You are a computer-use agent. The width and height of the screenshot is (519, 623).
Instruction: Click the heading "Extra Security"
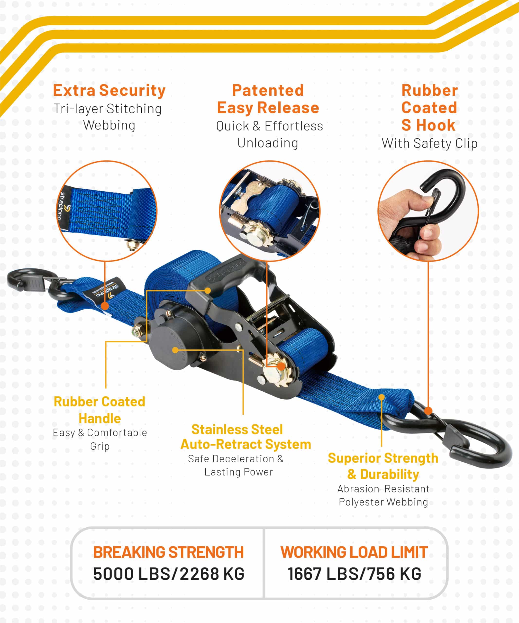pyautogui.click(x=109, y=91)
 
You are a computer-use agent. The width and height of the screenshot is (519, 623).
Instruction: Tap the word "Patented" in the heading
pyautogui.click(x=268, y=90)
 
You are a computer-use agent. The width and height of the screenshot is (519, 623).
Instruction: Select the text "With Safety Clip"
pyautogui.click(x=429, y=144)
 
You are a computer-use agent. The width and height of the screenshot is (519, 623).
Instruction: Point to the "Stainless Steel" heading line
pyautogui.click(x=237, y=429)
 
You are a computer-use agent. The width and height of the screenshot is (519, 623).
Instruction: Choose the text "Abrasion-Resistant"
pyautogui.click(x=383, y=489)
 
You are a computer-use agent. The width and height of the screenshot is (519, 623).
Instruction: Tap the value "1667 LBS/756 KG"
pyautogui.click(x=355, y=574)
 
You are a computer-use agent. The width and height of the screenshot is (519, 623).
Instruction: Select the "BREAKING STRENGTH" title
pyautogui.click(x=168, y=552)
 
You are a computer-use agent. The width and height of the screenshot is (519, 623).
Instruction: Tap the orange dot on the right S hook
pyautogui.click(x=428, y=411)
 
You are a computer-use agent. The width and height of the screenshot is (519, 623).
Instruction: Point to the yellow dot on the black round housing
pyautogui.click(x=175, y=350)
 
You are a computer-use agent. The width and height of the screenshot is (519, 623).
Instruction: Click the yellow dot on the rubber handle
pyautogui.click(x=208, y=290)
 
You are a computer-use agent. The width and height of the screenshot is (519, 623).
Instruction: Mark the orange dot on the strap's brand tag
pyautogui.click(x=105, y=306)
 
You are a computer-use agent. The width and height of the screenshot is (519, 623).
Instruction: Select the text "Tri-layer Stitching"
pyautogui.click(x=108, y=109)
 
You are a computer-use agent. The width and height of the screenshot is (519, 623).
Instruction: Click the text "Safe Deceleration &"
pyautogui.click(x=236, y=459)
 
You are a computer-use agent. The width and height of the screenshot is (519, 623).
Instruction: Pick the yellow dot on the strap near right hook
pyautogui.click(x=382, y=397)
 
